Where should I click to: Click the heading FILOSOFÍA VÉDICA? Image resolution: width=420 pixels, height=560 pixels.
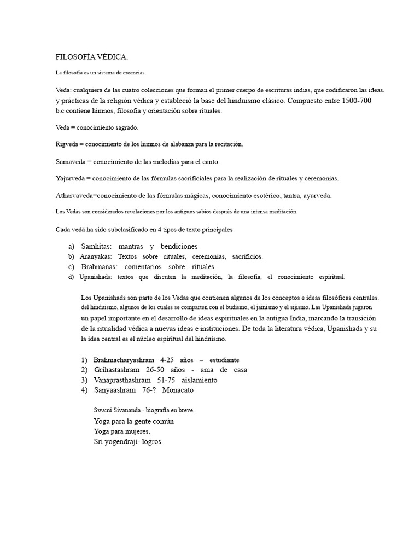[x=92, y=57]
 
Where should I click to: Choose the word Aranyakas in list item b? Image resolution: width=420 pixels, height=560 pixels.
[x=96, y=256]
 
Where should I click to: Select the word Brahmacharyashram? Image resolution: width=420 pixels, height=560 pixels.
[x=124, y=360]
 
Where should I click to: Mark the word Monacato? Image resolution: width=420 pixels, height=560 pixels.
[x=178, y=390]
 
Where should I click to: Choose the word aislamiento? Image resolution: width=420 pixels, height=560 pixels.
[x=201, y=380]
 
